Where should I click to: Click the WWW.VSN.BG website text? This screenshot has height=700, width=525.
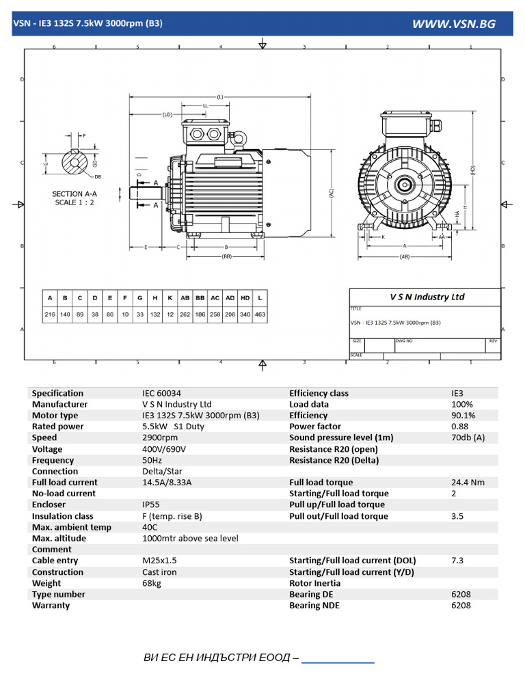click(x=453, y=24)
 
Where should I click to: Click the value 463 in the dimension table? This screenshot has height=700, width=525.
click(x=260, y=315)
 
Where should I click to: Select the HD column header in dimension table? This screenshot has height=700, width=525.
click(x=245, y=298)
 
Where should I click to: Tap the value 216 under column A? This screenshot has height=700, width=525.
click(x=50, y=315)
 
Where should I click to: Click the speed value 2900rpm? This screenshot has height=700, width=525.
click(x=159, y=437)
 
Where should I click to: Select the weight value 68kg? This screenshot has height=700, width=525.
click(x=152, y=583)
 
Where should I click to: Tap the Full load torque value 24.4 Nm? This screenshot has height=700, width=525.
click(x=468, y=482)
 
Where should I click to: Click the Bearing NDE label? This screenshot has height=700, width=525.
click(x=314, y=605)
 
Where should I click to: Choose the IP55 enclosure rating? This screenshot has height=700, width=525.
click(x=152, y=504)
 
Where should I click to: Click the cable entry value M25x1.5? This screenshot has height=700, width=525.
click(x=159, y=561)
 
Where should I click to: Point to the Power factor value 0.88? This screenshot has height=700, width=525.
click(x=459, y=427)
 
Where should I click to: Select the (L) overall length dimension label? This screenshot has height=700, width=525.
click(x=220, y=97)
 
